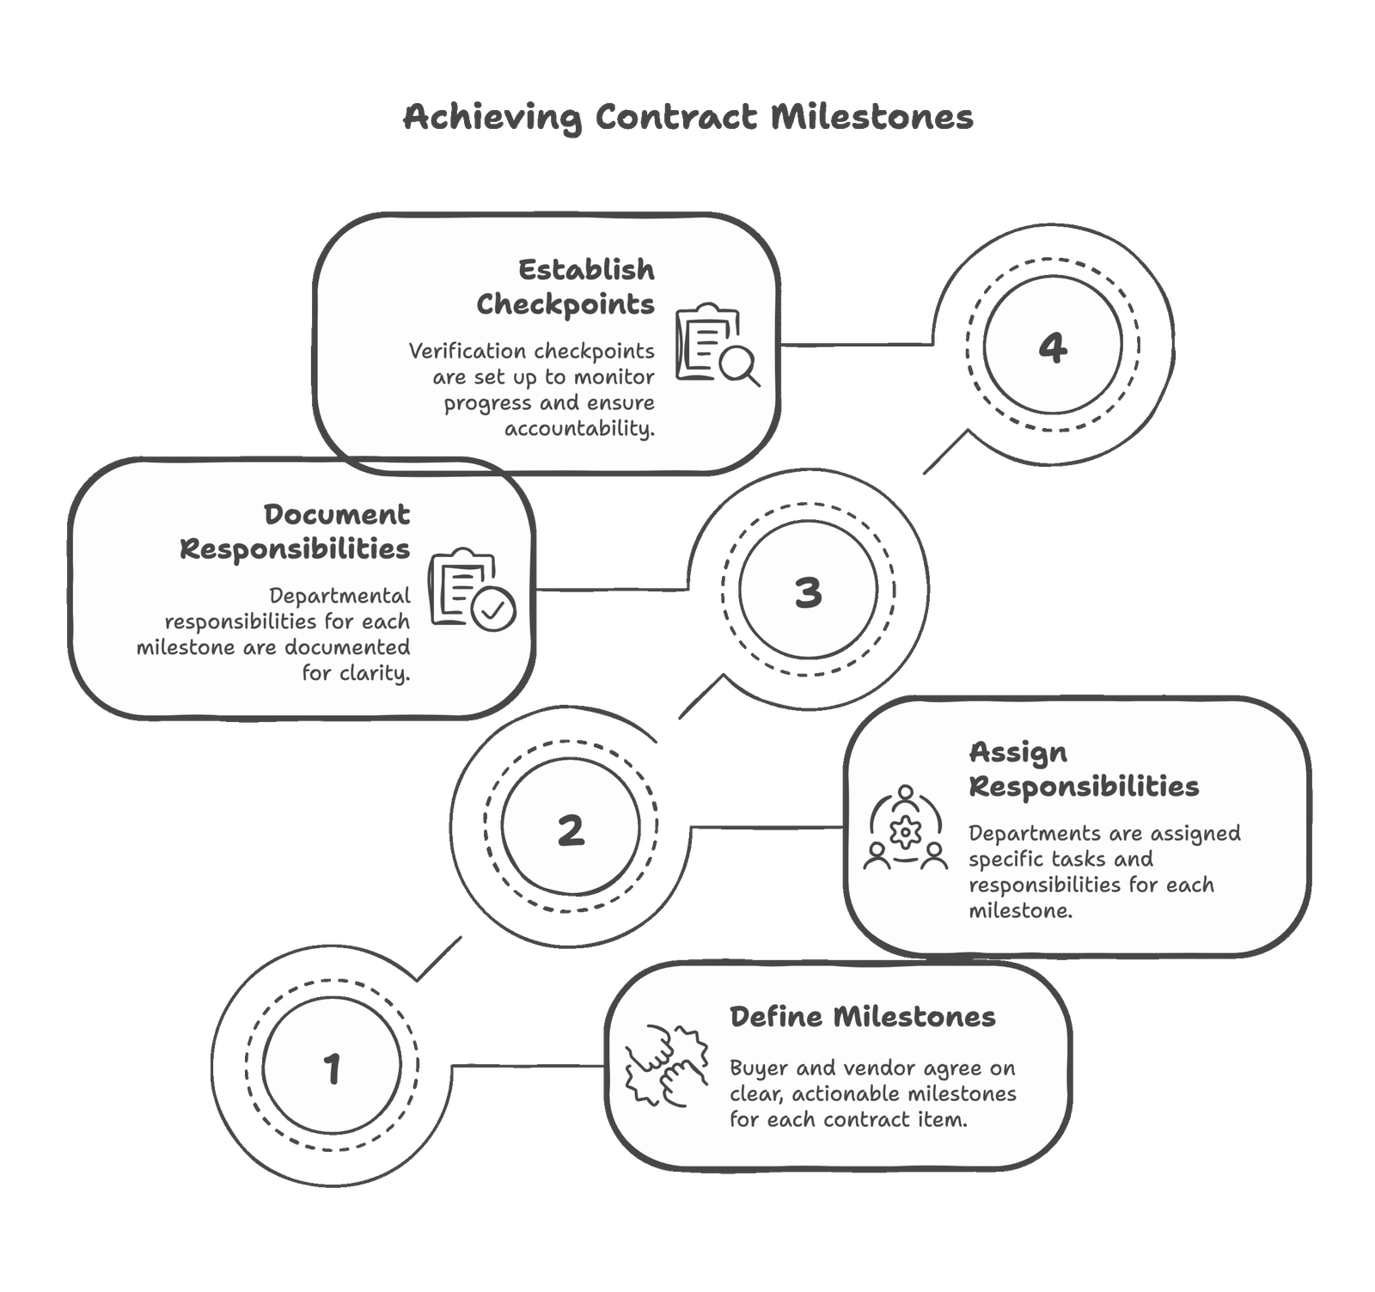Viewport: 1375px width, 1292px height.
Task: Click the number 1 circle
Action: coord(332,1069)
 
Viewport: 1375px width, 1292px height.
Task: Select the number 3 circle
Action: coord(808,591)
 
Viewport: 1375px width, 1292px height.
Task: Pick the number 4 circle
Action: coord(1053,347)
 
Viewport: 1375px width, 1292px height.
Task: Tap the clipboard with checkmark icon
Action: coord(472,591)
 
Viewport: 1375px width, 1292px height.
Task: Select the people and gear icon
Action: coord(905,828)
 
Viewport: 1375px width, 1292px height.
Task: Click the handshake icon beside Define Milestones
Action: coord(667,1064)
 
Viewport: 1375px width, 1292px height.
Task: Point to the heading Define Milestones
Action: coord(862,1017)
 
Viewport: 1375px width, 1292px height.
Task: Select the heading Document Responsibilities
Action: coord(296,531)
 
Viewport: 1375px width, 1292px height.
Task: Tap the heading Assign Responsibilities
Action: coord(1083,768)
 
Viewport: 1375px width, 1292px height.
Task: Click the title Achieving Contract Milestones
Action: coord(688,117)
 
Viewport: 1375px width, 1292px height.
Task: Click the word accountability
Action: coord(579,428)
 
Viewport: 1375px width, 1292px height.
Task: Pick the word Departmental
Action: coord(339,596)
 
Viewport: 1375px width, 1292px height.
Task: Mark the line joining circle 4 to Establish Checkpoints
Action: coord(859,346)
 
